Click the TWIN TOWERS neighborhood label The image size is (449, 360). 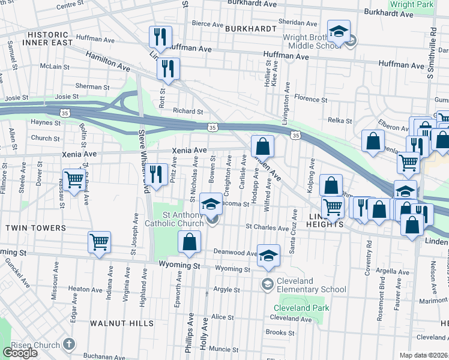click(x=35, y=228)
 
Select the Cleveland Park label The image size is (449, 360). click(x=303, y=308)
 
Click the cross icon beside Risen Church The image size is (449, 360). click(x=69, y=344)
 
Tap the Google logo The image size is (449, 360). click(x=20, y=352)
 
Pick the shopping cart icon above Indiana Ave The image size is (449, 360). click(x=99, y=242)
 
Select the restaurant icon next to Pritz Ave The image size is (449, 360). click(x=157, y=174)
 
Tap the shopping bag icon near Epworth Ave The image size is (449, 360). click(x=189, y=242)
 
